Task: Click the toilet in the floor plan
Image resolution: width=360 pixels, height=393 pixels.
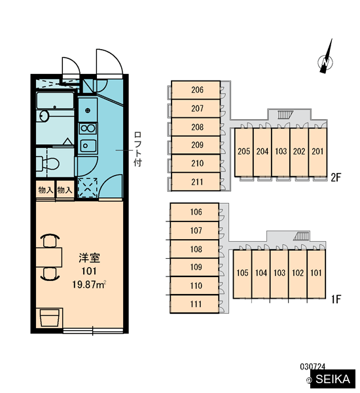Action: tap(48, 164)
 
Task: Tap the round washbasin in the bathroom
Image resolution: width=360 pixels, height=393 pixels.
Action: tap(44, 116)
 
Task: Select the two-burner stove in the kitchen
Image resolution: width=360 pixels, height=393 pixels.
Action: tap(88, 128)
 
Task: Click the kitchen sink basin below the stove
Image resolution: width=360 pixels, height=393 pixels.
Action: tap(88, 145)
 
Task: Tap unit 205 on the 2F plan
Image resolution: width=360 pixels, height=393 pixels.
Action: tap(243, 152)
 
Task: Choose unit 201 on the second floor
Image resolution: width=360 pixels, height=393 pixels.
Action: tap(317, 152)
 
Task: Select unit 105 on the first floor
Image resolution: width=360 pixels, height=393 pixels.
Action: tap(242, 274)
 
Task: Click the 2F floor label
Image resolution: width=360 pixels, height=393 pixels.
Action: tap(336, 178)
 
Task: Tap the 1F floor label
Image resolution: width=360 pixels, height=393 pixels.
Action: tap(336, 299)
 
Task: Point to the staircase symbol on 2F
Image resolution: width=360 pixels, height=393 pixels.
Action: tap(285, 115)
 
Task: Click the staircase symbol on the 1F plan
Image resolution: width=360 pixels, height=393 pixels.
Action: tap(301, 236)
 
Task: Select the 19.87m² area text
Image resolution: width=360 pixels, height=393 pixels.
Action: tap(89, 285)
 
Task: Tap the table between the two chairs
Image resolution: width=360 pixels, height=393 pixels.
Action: tap(49, 257)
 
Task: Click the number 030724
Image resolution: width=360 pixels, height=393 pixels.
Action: tap(312, 367)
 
